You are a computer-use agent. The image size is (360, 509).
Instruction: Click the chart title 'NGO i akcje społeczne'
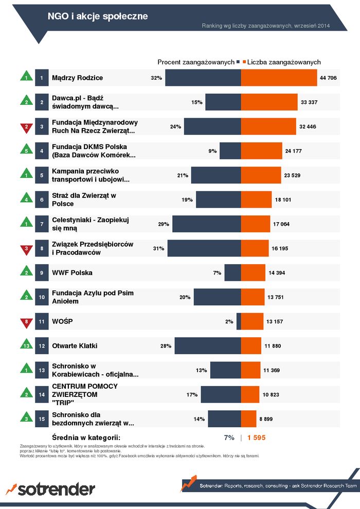click(x=98, y=16)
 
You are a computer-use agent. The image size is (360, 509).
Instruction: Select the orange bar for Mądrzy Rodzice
click(x=279, y=78)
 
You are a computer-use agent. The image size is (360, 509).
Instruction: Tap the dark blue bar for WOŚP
click(x=239, y=321)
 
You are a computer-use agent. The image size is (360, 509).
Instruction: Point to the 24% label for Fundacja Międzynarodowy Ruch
click(x=175, y=126)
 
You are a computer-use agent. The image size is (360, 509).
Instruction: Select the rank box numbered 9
click(x=42, y=272)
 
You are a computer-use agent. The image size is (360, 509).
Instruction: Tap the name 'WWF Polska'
click(x=72, y=272)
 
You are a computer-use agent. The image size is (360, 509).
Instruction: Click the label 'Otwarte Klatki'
click(x=75, y=346)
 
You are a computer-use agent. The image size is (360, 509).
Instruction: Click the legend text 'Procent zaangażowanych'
click(x=195, y=62)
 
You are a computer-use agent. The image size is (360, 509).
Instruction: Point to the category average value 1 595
click(x=256, y=438)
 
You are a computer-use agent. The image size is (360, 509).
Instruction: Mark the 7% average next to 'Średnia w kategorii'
click(x=229, y=438)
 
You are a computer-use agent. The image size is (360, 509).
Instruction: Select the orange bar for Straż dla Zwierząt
click(x=256, y=199)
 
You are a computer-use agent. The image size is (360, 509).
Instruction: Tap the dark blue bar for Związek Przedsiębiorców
click(x=204, y=248)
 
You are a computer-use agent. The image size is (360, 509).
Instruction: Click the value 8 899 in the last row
click(x=266, y=419)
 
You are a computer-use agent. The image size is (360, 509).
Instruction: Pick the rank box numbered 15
click(x=42, y=419)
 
